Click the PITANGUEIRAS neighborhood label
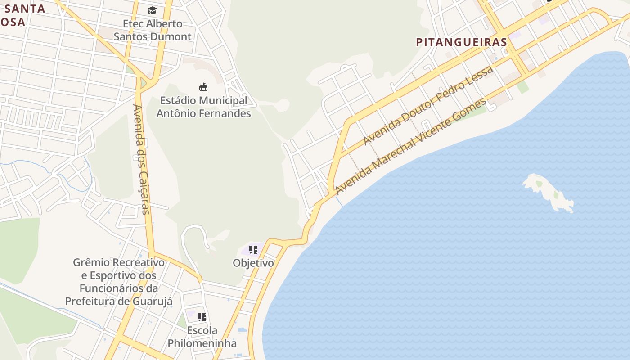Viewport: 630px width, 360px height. pos(461,42)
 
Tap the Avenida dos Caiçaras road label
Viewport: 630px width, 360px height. pos(141,159)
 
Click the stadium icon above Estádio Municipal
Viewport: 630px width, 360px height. pos(203,87)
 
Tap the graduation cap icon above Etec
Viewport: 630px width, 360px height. pos(153,10)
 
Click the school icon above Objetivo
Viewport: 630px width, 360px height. pos(253,249)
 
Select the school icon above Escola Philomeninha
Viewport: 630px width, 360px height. pos(202,317)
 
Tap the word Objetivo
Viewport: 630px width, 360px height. pos(253,263)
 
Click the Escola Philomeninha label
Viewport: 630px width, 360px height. pos(202,337)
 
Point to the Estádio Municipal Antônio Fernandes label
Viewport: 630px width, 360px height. pos(203,107)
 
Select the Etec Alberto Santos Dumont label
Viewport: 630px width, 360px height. pos(153,30)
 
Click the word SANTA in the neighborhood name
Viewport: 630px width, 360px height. pos(25,8)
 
